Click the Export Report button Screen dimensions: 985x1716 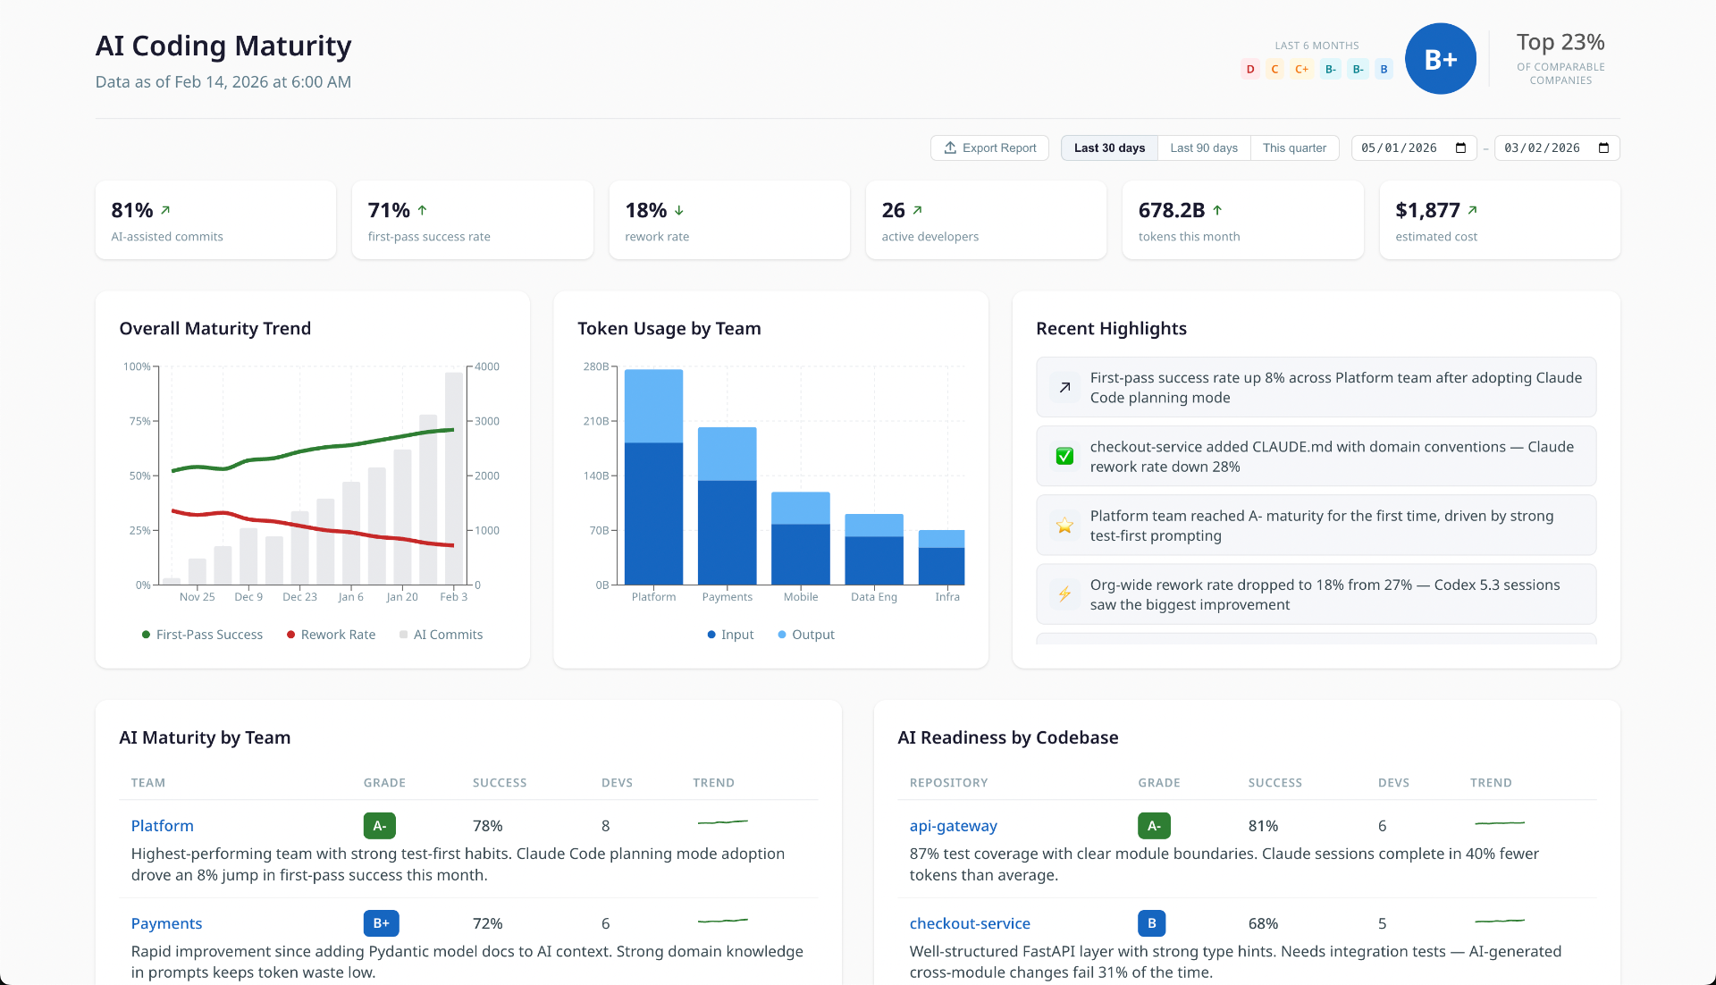coord(989,148)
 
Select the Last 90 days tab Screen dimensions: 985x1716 coord(1203,148)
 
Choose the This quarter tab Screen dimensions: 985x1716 coord(1293,148)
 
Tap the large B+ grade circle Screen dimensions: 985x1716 coord(1440,60)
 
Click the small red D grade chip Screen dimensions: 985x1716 coord(1249,70)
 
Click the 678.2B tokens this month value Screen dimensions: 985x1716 coord(1171,211)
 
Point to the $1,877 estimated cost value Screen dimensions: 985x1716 coord(1427,211)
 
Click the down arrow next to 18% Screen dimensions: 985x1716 coord(679,211)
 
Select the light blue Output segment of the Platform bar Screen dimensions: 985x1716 coord(653,406)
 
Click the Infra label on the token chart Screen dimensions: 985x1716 coord(946,597)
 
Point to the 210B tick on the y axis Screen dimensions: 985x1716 coord(595,421)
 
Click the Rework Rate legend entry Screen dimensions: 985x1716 coord(331,635)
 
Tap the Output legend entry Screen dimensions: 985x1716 coord(806,635)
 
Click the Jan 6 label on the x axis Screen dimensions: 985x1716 coord(350,597)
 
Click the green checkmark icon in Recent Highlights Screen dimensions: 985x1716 coord(1064,457)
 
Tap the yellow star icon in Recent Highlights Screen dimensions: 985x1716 coord(1064,526)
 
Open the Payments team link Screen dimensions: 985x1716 coord(166,923)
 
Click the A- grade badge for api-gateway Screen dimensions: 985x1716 coord(1154,826)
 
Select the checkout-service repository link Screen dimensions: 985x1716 coord(970,923)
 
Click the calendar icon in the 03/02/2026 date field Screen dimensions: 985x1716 coord(1603,148)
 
